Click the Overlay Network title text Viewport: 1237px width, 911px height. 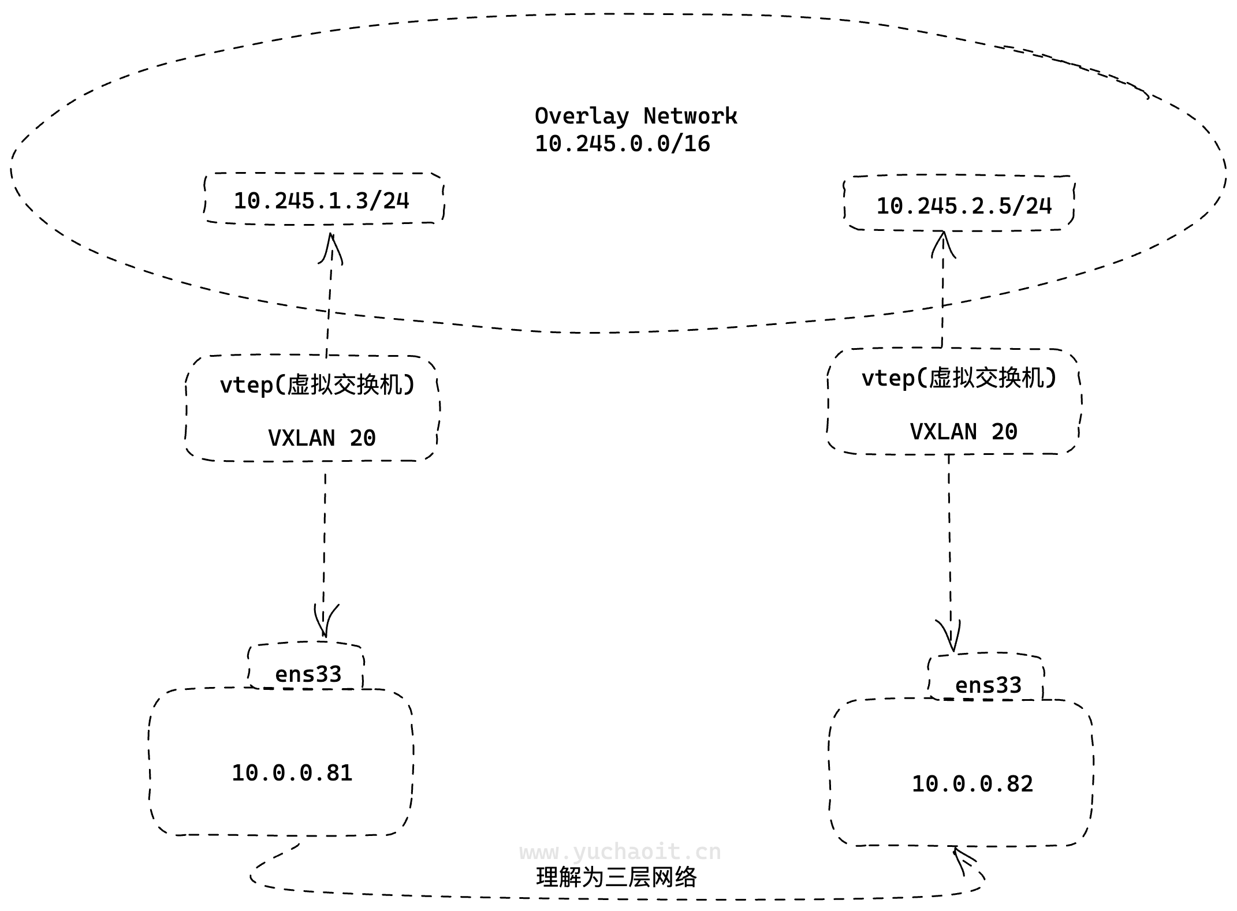coord(635,117)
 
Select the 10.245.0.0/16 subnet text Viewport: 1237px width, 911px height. coord(622,144)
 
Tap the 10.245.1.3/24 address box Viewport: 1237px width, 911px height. coord(322,200)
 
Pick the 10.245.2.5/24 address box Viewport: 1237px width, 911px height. coord(963,206)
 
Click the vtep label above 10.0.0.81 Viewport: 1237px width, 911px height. coord(317,384)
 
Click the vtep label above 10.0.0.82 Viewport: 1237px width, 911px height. coord(959,378)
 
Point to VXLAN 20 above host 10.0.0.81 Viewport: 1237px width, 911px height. coord(322,438)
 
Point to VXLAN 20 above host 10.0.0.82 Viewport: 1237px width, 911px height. coord(963,432)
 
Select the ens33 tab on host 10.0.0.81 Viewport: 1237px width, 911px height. coord(308,674)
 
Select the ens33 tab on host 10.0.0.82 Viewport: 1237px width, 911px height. coord(988,685)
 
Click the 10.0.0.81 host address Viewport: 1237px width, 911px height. coord(292,773)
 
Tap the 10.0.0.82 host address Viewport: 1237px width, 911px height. coord(972,784)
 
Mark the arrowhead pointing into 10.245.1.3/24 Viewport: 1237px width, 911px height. coord(331,245)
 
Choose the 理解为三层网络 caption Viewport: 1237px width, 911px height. coord(616,878)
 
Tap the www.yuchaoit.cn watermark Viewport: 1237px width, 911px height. coord(620,852)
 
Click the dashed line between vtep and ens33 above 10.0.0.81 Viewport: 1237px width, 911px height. coord(325,537)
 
